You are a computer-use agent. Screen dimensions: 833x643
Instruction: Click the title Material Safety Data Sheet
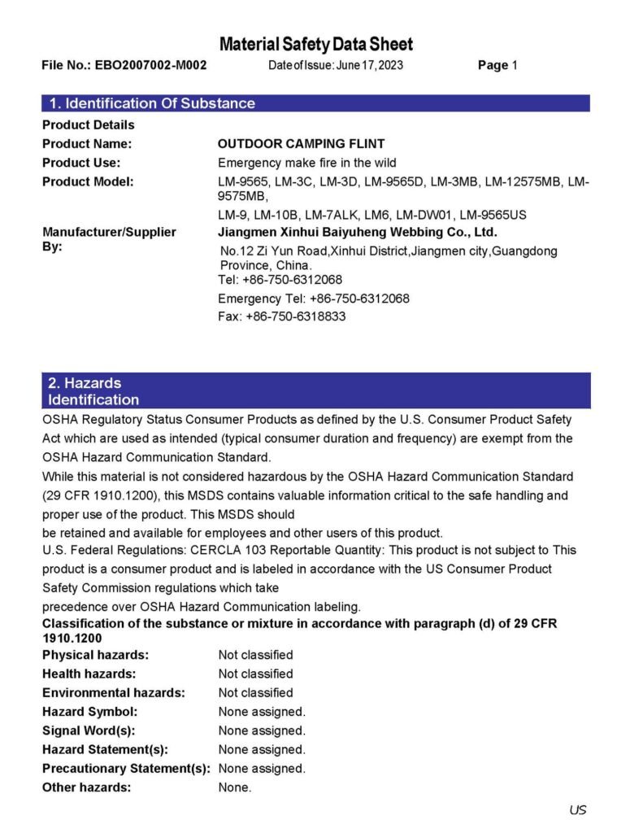pos(315,44)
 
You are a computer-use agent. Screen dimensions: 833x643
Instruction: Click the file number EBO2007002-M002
pos(150,65)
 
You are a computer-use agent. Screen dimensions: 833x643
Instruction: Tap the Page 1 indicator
pos(497,65)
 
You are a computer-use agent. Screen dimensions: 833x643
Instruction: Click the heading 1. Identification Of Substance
pos(152,103)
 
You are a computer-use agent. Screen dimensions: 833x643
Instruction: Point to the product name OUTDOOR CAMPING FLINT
pos(294,144)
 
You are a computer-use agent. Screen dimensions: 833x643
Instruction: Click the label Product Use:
pos(81,163)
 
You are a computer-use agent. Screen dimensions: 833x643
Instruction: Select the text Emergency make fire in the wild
pos(307,163)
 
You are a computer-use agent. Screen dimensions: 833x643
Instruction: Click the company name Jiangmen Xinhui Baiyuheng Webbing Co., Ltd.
pos(358,232)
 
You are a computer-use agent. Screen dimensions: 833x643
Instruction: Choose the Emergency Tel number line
pos(314,299)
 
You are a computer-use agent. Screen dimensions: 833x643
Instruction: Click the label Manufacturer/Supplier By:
pos(109,238)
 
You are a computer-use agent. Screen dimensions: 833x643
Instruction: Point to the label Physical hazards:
pos(95,655)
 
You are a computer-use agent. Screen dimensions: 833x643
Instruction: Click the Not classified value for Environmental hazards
pos(255,693)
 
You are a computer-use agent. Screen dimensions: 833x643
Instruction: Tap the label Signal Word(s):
pos(89,731)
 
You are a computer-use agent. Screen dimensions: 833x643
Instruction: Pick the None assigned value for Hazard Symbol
pos(262,712)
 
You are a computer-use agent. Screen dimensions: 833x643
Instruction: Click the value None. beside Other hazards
pos(235,787)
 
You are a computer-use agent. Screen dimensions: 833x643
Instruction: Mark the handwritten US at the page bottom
pos(578,809)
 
